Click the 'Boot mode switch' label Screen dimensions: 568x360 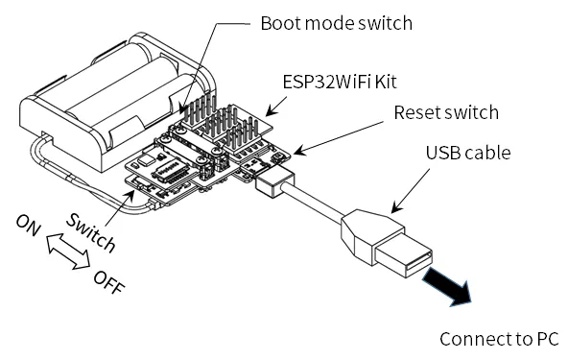coord(336,24)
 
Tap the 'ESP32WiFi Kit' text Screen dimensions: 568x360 coord(340,82)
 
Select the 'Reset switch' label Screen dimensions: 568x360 coord(446,112)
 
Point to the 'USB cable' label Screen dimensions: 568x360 coord(468,153)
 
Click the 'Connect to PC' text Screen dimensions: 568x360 coord(499,339)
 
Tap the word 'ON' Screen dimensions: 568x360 coord(29,226)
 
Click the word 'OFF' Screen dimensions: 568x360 coord(109,282)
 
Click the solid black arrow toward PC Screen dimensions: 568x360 coord(448,287)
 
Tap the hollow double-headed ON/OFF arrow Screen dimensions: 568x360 coord(68,252)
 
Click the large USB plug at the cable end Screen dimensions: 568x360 coord(387,243)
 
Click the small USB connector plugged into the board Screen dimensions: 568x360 coord(274,183)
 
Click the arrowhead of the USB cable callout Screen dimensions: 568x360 coord(396,208)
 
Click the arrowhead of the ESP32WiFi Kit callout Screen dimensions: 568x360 coord(270,112)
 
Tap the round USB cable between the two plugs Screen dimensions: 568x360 coord(314,203)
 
